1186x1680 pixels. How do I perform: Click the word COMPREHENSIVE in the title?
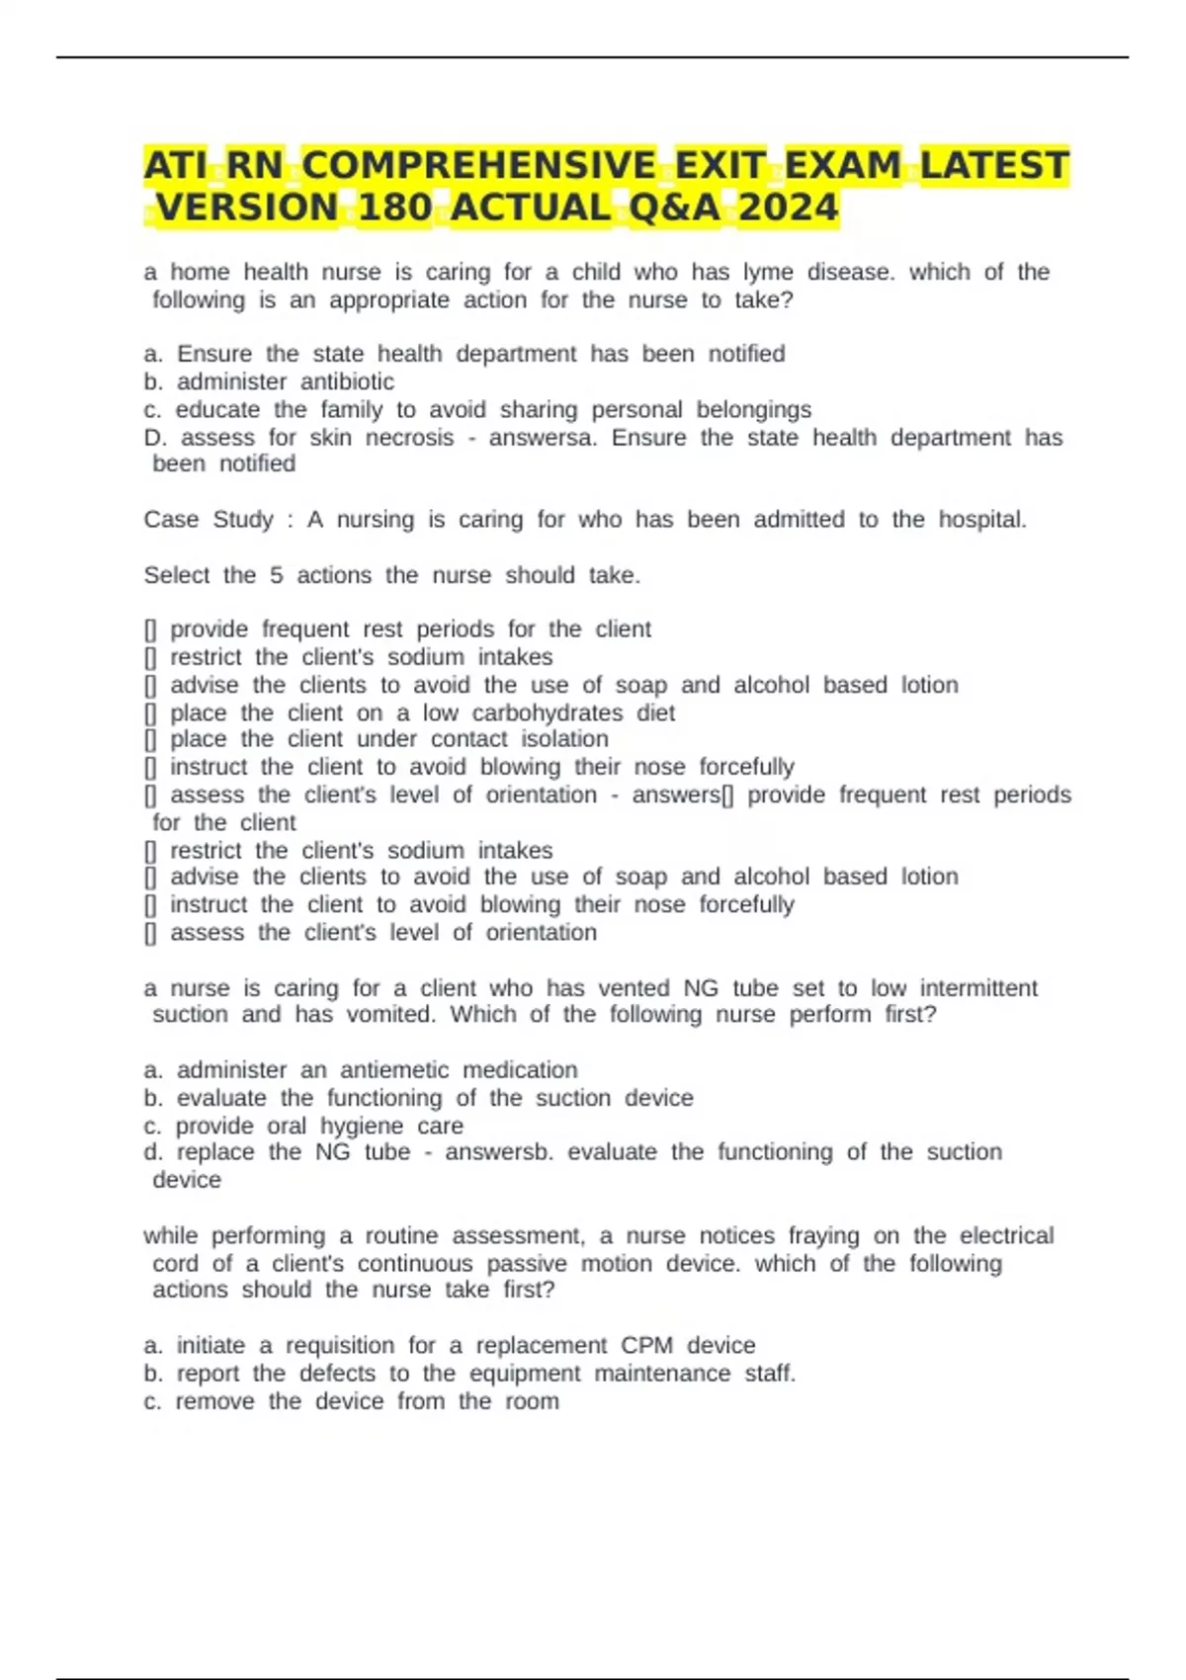pyautogui.click(x=478, y=165)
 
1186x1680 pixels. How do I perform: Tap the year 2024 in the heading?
pyautogui.click(x=788, y=208)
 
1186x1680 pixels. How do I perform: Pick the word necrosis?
pyautogui.click(x=409, y=437)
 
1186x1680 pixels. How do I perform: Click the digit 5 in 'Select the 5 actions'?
pyautogui.click(x=277, y=575)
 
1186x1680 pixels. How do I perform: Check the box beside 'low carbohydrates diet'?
pyautogui.click(x=150, y=714)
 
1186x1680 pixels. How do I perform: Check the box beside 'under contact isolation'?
pyautogui.click(x=150, y=739)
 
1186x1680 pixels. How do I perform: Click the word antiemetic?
pyautogui.click(x=394, y=1069)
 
